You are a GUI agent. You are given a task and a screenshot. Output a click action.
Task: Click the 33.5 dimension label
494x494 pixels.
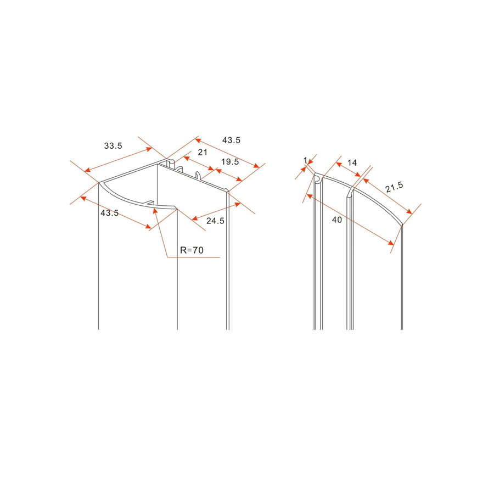coord(113,145)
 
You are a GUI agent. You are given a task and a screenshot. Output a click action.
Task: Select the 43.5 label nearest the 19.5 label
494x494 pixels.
coord(231,140)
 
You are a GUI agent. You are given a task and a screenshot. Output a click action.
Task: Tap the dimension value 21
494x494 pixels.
coord(203,152)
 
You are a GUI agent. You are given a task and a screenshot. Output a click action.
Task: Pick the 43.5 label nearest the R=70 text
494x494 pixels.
coord(110,213)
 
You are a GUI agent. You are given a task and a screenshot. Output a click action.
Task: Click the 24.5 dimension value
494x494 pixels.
coord(215,221)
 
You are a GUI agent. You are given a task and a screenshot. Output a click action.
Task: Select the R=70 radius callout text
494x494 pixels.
coord(192,250)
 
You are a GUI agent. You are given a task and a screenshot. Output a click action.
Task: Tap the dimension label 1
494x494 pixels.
coord(305,160)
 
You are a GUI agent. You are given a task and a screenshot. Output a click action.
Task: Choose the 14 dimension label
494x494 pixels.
coord(352,162)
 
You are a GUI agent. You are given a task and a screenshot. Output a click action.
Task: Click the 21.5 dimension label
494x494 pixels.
coord(394,187)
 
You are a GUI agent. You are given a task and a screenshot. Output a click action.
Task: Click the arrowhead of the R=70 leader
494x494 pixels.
coord(155,209)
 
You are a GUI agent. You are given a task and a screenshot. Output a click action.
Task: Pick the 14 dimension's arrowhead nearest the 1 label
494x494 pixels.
coord(335,162)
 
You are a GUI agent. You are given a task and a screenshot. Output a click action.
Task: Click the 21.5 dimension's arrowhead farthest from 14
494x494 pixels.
coord(410,215)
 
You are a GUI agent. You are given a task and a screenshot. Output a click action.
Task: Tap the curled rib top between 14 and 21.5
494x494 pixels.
coord(350,193)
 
